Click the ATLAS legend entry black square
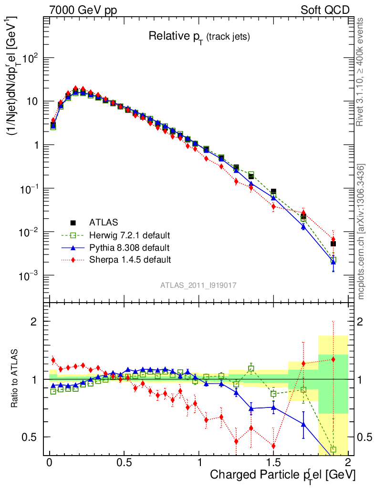tap(73, 223)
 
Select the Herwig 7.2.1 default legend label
tap(130, 235)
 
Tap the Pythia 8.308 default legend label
tap(129, 248)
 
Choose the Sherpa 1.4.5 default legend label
tap(130, 260)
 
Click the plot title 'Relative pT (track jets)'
tap(199, 36)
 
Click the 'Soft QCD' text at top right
tap(324, 10)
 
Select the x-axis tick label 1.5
tap(273, 463)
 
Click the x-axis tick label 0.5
tap(124, 463)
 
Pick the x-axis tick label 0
tap(50, 463)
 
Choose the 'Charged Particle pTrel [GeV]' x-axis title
tap(282, 476)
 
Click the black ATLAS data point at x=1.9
tap(333, 244)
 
